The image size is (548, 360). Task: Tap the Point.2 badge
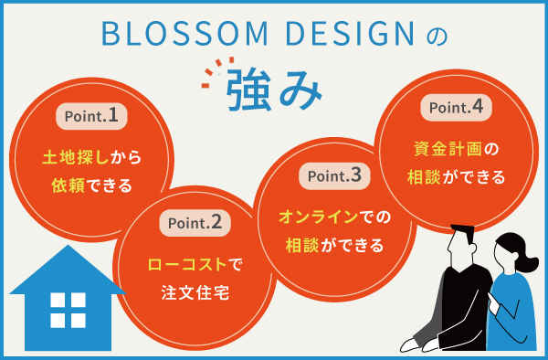pyautogui.click(x=194, y=221)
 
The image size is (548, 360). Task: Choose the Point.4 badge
pyautogui.click(x=457, y=107)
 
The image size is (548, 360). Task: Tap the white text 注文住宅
pyautogui.click(x=194, y=294)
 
